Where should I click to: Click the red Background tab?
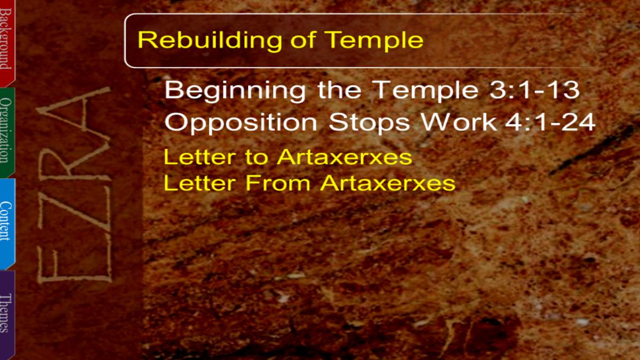7,43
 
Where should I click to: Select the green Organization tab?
7,132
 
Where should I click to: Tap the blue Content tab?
7,223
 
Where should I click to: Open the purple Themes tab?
7,314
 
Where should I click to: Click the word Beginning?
235,91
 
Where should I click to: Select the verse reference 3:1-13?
534,90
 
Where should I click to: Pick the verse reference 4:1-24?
550,122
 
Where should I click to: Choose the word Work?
459,122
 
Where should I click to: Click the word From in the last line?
278,183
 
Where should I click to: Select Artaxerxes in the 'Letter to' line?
345,157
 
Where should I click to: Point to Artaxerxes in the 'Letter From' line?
388,183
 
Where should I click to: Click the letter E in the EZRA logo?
74,263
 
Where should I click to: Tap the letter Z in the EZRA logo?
75,212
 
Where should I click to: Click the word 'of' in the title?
303,40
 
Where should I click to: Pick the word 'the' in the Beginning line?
339,90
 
